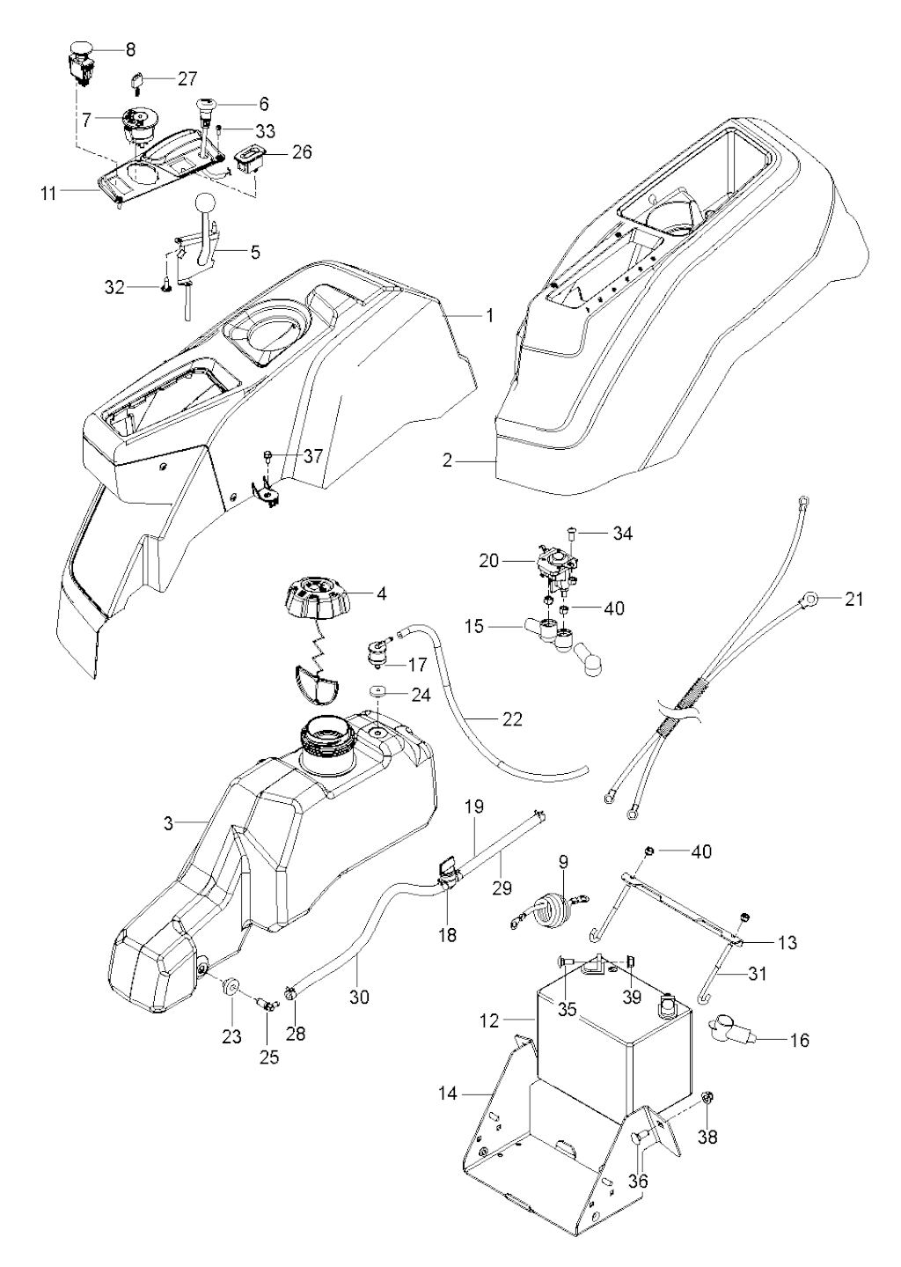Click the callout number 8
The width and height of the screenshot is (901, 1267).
point(130,50)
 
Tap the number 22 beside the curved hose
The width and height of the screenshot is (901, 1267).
point(511,719)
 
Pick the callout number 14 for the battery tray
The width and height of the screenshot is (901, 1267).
point(447,1094)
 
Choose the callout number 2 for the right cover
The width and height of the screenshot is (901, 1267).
point(447,460)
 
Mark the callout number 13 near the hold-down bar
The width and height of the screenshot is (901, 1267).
point(787,942)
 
